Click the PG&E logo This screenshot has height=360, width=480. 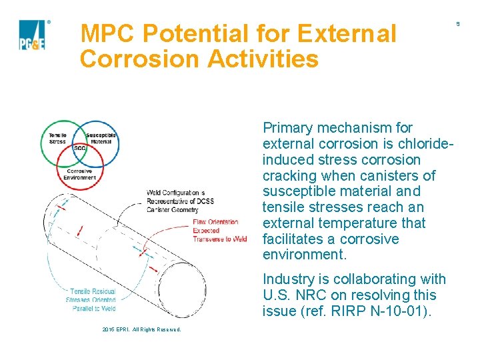tap(32, 35)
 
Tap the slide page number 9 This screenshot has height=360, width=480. tap(458, 24)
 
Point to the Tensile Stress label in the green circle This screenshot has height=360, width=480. tap(57, 139)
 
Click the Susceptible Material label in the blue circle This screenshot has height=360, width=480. tap(101, 139)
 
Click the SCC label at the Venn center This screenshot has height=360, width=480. tap(79, 148)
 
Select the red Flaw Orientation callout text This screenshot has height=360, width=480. tap(219, 230)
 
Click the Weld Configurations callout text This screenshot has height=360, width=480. tap(175, 201)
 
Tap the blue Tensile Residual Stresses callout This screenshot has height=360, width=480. tap(91, 299)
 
